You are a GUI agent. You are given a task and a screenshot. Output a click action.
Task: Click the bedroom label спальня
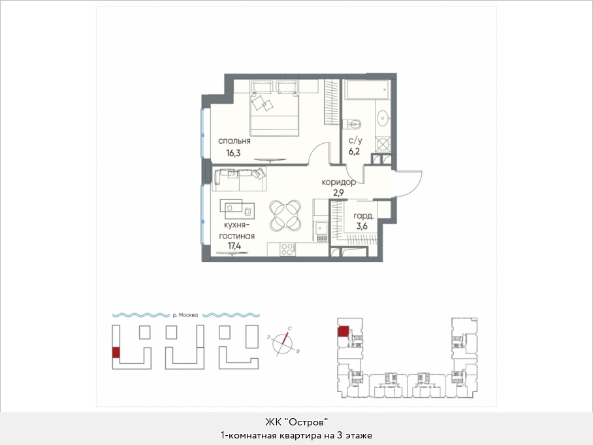[234, 141]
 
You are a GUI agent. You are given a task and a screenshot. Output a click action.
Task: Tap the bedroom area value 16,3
[233, 154]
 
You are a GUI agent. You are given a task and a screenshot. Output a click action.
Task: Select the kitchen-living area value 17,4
[234, 246]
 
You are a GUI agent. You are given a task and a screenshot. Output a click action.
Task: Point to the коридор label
[338, 182]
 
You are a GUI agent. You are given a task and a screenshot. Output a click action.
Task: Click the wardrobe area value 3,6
[362, 226]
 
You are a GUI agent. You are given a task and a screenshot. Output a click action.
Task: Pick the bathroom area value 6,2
[355, 152]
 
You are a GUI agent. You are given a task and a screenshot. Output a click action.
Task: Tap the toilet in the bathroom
[352, 124]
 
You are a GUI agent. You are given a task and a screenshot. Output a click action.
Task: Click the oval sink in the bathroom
[383, 118]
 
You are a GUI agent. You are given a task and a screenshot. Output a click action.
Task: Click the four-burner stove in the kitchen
[288, 250]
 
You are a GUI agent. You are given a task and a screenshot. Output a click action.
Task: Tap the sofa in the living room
[239, 179]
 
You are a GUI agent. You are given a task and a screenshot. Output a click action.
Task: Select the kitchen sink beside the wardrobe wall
[321, 228]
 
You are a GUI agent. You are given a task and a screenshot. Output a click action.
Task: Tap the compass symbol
[283, 342]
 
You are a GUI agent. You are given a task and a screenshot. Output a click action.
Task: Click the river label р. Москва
[185, 315]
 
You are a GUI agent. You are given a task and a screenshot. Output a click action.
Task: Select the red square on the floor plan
[344, 332]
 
